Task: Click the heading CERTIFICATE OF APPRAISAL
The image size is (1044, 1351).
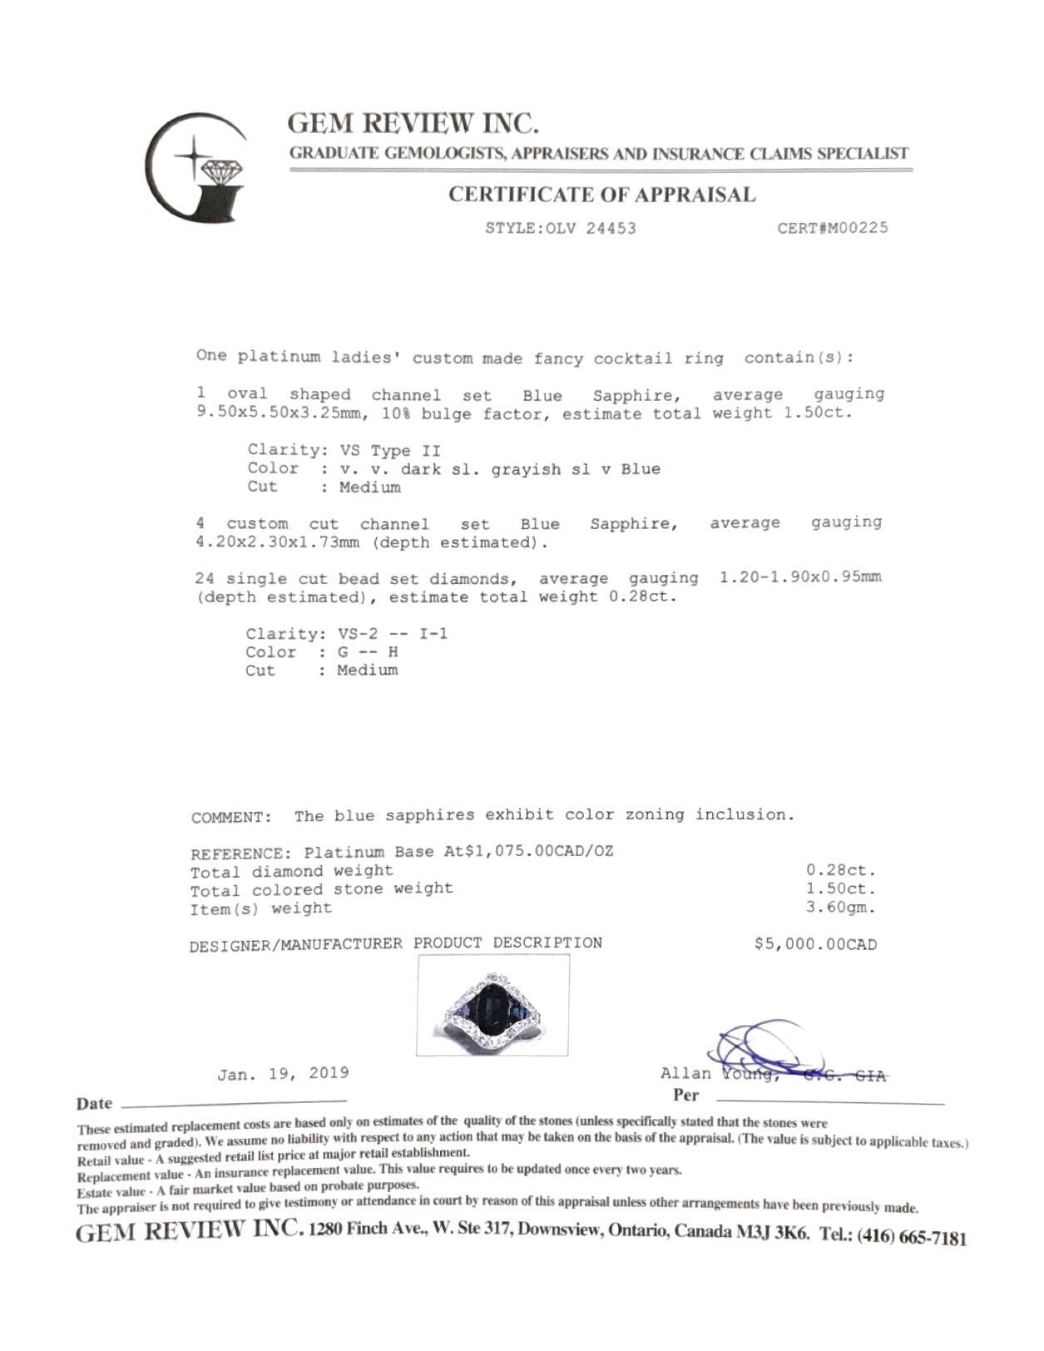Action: tap(601, 195)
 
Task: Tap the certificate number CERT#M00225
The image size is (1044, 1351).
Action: tap(832, 228)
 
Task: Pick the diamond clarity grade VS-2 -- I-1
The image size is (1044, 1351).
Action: tap(388, 634)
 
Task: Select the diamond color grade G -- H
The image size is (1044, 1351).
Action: tap(367, 652)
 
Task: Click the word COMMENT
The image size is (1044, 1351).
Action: tap(230, 818)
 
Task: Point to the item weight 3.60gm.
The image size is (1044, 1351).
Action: tap(840, 908)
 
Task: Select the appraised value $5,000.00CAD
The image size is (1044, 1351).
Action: tap(815, 944)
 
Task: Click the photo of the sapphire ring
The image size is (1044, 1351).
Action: tap(492, 1005)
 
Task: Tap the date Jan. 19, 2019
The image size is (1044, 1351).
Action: tap(283, 1074)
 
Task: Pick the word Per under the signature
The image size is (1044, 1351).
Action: tap(686, 1096)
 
